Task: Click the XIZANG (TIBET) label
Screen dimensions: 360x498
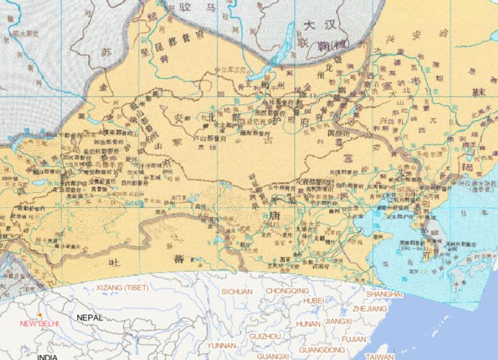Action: click(122, 287)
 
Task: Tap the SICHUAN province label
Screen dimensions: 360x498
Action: click(237, 292)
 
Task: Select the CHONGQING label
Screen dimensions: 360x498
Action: click(287, 291)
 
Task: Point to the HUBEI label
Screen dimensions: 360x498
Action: click(313, 300)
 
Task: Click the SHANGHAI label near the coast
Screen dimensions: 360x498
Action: click(384, 294)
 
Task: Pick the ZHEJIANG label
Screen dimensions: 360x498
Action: click(370, 309)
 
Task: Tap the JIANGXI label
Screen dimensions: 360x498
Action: click(338, 321)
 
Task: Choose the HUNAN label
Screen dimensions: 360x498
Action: click(308, 323)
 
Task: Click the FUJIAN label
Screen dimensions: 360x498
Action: click(353, 339)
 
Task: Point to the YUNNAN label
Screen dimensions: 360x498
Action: click(222, 346)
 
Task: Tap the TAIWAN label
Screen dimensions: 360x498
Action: click(379, 356)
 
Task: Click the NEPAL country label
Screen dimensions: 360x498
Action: click(89, 318)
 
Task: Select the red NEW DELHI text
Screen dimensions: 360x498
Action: click(39, 323)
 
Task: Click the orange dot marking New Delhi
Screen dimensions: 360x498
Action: click(40, 315)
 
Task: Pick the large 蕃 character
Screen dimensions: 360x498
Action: click(178, 258)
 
